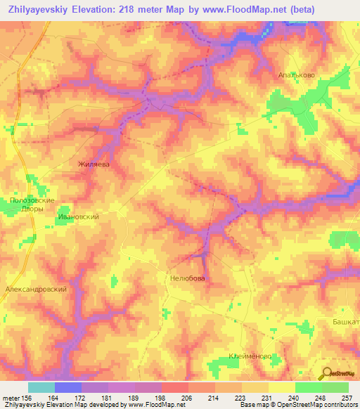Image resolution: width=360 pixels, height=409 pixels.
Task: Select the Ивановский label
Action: [77, 218]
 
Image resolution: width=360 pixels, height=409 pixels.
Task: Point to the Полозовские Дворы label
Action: [28, 206]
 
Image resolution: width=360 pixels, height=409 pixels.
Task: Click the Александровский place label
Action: [36, 289]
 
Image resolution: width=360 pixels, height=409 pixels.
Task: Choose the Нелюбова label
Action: [187, 278]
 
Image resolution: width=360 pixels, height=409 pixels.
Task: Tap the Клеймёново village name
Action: [250, 356]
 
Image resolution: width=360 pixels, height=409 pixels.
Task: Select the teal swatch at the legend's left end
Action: [41, 387]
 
